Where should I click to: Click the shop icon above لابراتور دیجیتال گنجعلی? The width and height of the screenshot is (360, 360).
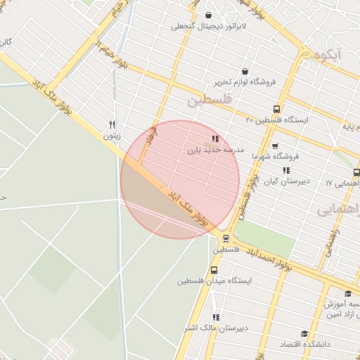(208, 15)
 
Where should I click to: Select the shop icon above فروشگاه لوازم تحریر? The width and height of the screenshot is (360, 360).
(245, 71)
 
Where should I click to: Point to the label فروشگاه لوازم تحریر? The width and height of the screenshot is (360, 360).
(243, 82)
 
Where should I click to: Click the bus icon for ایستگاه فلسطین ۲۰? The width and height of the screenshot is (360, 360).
(276, 109)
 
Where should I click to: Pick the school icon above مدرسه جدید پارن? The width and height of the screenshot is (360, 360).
(214, 139)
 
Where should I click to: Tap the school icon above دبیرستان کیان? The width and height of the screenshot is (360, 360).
(286, 170)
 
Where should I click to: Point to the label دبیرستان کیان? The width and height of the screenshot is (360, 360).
(283, 181)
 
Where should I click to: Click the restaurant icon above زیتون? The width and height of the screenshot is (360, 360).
(112, 124)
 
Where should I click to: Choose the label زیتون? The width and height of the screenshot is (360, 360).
(112, 135)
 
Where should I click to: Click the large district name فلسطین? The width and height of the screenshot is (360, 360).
(209, 101)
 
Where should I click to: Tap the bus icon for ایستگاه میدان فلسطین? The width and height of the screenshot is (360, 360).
(214, 269)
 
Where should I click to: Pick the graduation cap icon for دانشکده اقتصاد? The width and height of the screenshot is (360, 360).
(304, 334)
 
